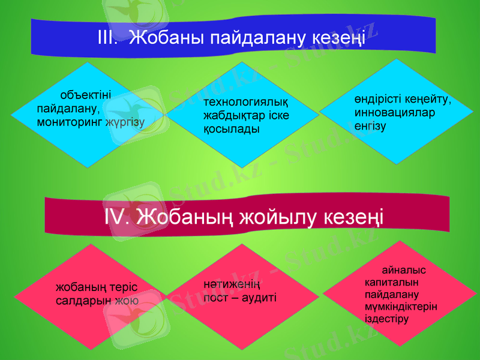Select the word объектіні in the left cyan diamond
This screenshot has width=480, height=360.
point(85,96)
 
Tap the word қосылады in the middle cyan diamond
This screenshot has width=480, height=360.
point(227,129)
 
